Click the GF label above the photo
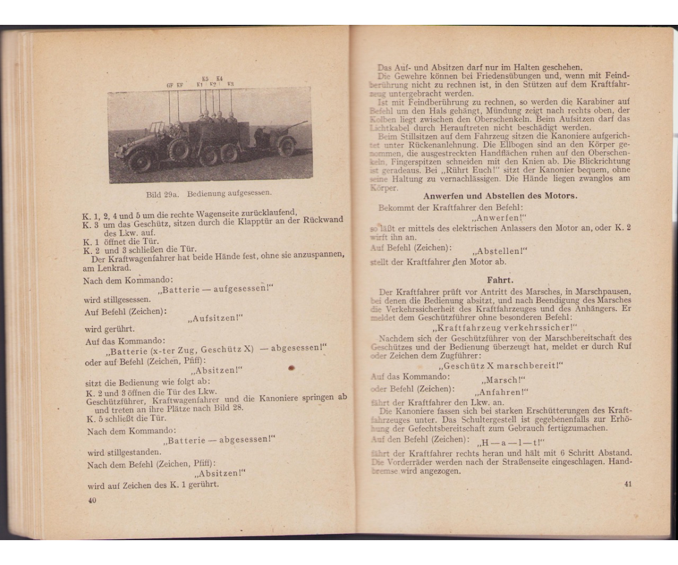click(169, 85)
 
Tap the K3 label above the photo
click(231, 84)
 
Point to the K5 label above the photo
click(205, 78)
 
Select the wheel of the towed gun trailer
click(286, 147)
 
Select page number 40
click(92, 499)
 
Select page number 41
click(628, 484)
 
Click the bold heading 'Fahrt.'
click(500, 279)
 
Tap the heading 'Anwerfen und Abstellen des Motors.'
click(500, 196)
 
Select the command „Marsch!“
click(503, 380)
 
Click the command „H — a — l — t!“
click(510, 442)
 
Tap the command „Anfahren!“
click(502, 392)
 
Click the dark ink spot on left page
click(292, 368)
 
